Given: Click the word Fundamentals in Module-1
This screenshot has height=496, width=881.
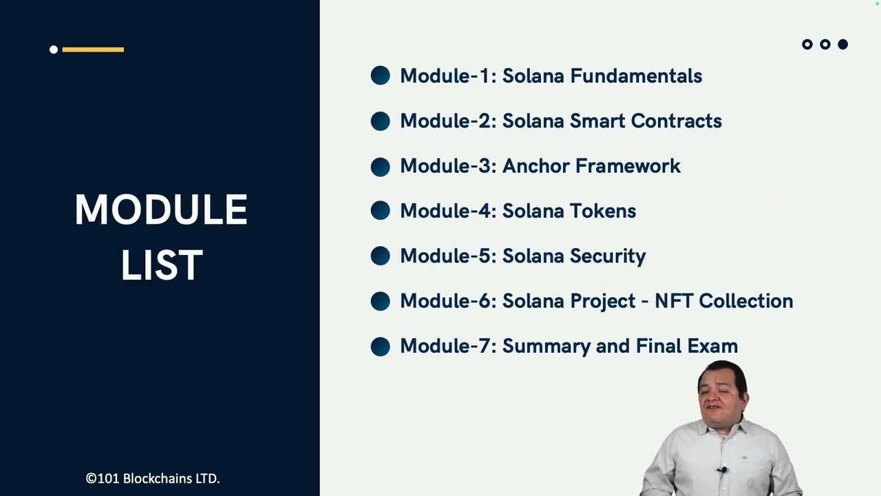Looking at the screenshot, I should pos(636,76).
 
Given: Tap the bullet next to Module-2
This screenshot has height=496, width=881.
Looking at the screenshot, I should pos(380,121).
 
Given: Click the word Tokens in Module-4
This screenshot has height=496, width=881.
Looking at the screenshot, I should pos(603,211).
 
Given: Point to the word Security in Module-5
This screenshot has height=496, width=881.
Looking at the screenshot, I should pos(608,256).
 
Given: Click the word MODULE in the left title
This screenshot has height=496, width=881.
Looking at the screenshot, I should pos(161,210).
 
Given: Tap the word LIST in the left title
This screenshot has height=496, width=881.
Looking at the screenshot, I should pos(162,265).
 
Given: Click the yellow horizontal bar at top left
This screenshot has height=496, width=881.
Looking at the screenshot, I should pos(93,49).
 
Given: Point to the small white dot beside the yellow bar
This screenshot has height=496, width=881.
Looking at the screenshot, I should pos(54,49).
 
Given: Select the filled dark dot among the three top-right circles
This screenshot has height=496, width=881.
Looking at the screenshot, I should pos(842,44).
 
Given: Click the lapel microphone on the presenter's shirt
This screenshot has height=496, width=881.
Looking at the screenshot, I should pos(722,471).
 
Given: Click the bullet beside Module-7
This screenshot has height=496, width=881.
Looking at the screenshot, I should pos(380,346).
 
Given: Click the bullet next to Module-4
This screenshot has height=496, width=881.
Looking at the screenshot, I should pos(380,211).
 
